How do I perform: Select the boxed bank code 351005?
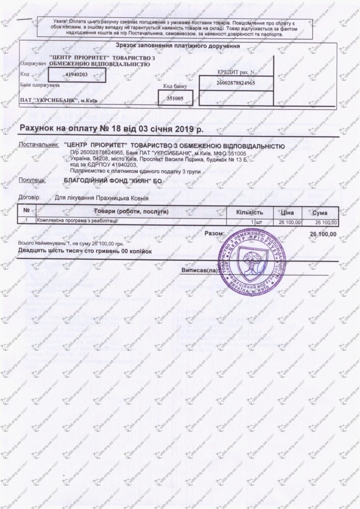tap(175, 98)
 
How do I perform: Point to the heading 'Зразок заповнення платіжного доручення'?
tap(178, 46)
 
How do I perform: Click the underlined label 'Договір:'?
tap(29, 197)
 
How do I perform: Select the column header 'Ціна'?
tap(290, 212)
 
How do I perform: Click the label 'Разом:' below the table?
tap(214, 233)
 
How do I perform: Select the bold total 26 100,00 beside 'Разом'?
tap(323, 233)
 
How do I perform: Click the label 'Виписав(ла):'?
tap(199, 271)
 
